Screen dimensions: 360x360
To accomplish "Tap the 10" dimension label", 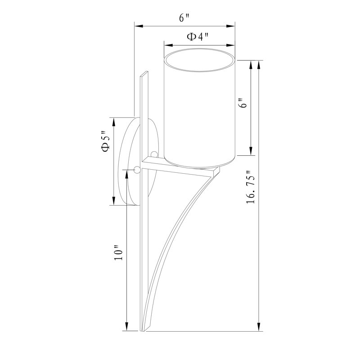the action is tap(119, 253).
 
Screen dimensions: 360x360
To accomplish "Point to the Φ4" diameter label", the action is tap(198, 36).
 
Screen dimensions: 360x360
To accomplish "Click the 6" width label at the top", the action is tap(184, 18).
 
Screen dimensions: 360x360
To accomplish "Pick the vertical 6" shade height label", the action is tap(243, 103).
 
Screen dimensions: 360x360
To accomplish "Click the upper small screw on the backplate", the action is tap(154, 154).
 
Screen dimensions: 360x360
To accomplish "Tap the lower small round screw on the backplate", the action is tap(137, 170).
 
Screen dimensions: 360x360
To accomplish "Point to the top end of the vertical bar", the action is tap(144, 74).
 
